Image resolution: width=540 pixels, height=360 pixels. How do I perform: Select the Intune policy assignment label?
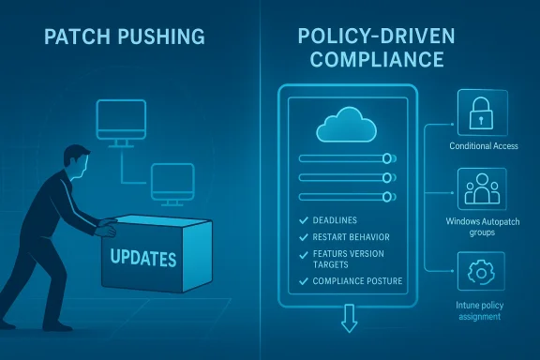480,311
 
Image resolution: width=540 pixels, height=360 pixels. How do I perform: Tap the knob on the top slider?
387,158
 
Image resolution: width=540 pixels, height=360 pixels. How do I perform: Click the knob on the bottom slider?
387,195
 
